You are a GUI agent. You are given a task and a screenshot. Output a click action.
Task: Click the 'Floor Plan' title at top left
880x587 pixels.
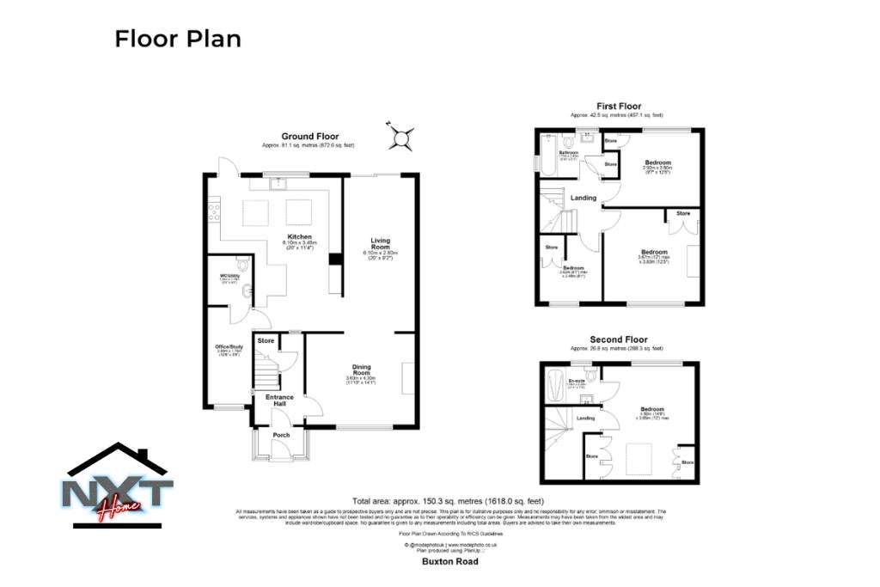[x=178, y=39]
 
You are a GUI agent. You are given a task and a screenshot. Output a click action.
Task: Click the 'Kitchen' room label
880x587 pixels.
[x=299, y=236]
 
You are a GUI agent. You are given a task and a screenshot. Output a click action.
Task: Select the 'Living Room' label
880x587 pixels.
[x=380, y=243]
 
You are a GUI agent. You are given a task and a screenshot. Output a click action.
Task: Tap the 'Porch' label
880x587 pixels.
[x=280, y=434]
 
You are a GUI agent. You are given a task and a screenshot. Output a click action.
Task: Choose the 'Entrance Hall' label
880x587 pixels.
[x=280, y=400]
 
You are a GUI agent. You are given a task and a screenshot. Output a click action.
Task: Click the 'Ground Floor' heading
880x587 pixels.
[x=310, y=136]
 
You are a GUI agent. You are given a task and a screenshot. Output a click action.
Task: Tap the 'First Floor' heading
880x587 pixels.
[x=617, y=105]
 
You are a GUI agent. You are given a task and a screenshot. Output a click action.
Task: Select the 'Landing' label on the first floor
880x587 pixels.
[x=584, y=198]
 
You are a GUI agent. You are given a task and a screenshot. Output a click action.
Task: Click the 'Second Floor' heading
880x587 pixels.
[x=618, y=339]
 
